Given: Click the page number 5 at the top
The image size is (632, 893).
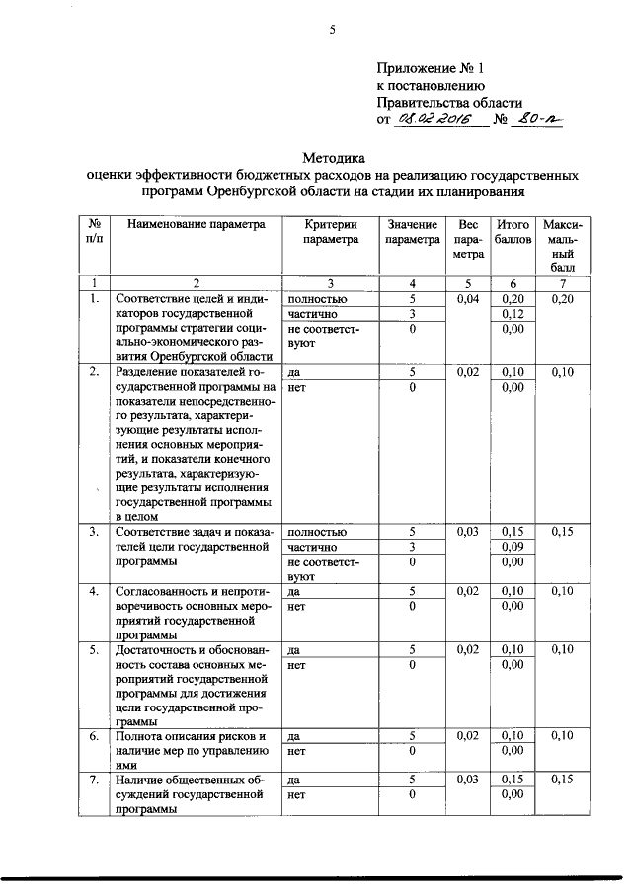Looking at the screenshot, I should point(333,31).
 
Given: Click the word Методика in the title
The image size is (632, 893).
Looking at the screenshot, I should point(333,157).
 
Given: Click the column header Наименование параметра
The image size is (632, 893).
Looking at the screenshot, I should point(197,225).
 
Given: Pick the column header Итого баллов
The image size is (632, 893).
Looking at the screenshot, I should point(513,232).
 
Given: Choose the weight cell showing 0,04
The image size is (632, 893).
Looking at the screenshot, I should point(469,298).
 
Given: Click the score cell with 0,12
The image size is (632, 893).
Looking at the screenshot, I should point(513,314).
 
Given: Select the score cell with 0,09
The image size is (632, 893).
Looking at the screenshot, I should point(513,547).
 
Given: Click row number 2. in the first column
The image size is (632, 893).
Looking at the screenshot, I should point(94,373).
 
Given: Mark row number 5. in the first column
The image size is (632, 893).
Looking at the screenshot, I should point(94,650).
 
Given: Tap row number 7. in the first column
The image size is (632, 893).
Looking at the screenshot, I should point(94,780).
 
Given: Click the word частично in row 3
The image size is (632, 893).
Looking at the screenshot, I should point(313,547).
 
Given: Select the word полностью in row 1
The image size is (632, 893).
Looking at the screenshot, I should point(317,298).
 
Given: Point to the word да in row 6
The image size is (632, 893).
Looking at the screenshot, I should point(293,736).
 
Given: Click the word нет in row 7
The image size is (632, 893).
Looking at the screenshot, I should point(295,794).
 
